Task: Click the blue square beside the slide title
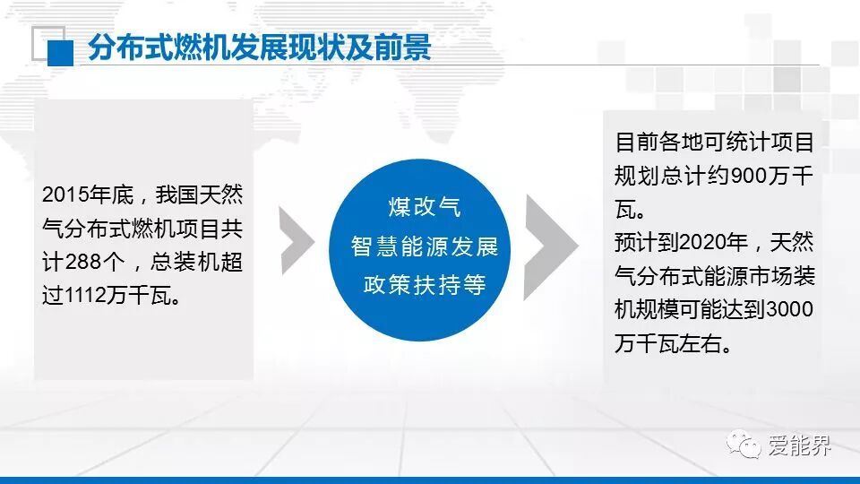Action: (60, 53)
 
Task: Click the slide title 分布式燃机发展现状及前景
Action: (260, 48)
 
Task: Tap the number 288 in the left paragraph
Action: (82, 263)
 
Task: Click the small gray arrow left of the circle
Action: (297, 240)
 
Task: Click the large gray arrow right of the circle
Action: (551, 247)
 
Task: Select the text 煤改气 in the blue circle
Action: (425, 207)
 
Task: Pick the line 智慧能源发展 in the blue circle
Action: (425, 246)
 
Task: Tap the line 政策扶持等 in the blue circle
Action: (425, 285)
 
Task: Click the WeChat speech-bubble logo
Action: (744, 444)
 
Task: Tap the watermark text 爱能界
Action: (799, 445)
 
